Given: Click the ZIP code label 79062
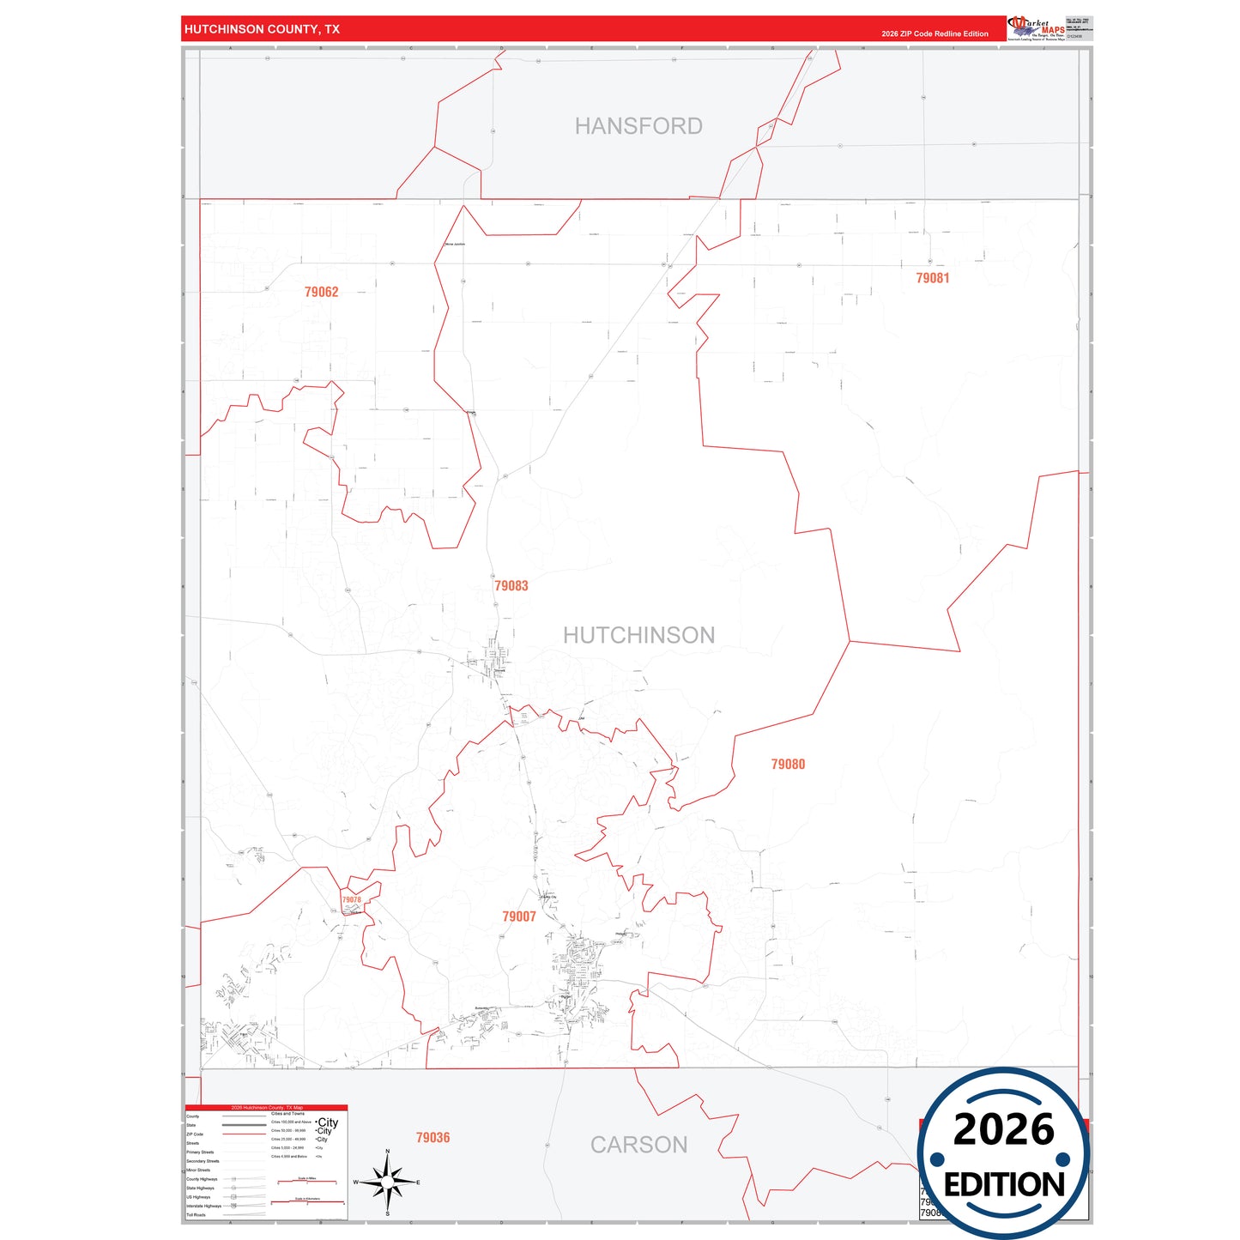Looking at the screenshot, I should coord(321,292).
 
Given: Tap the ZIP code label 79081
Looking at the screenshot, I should coord(932,278).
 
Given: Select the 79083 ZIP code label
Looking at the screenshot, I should coord(511,585).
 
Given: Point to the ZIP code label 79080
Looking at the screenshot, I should coord(788,764).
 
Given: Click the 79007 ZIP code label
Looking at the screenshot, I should coord(519,916).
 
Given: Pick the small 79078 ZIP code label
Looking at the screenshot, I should coord(351,900).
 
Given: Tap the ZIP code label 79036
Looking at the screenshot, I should coord(432,1137).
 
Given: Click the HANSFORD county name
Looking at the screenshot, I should coord(638,126).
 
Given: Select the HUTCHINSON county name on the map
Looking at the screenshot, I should coord(638,635).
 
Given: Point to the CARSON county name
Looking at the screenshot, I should coord(638,1145).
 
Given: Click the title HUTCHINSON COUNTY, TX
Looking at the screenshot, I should coord(262,29).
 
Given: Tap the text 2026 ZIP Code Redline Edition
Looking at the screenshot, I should coord(935,33).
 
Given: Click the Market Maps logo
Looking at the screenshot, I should coord(1037,28).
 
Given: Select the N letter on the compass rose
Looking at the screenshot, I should coord(388,1152).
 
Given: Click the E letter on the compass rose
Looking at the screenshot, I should coord(418,1183).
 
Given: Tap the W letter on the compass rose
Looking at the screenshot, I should coord(356,1183).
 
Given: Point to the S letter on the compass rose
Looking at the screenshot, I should coord(388,1213).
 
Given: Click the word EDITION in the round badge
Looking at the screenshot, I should coord(1004,1185).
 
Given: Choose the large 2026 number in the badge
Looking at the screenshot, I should coord(1004,1129).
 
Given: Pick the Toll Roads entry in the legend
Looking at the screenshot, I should coord(197,1214).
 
